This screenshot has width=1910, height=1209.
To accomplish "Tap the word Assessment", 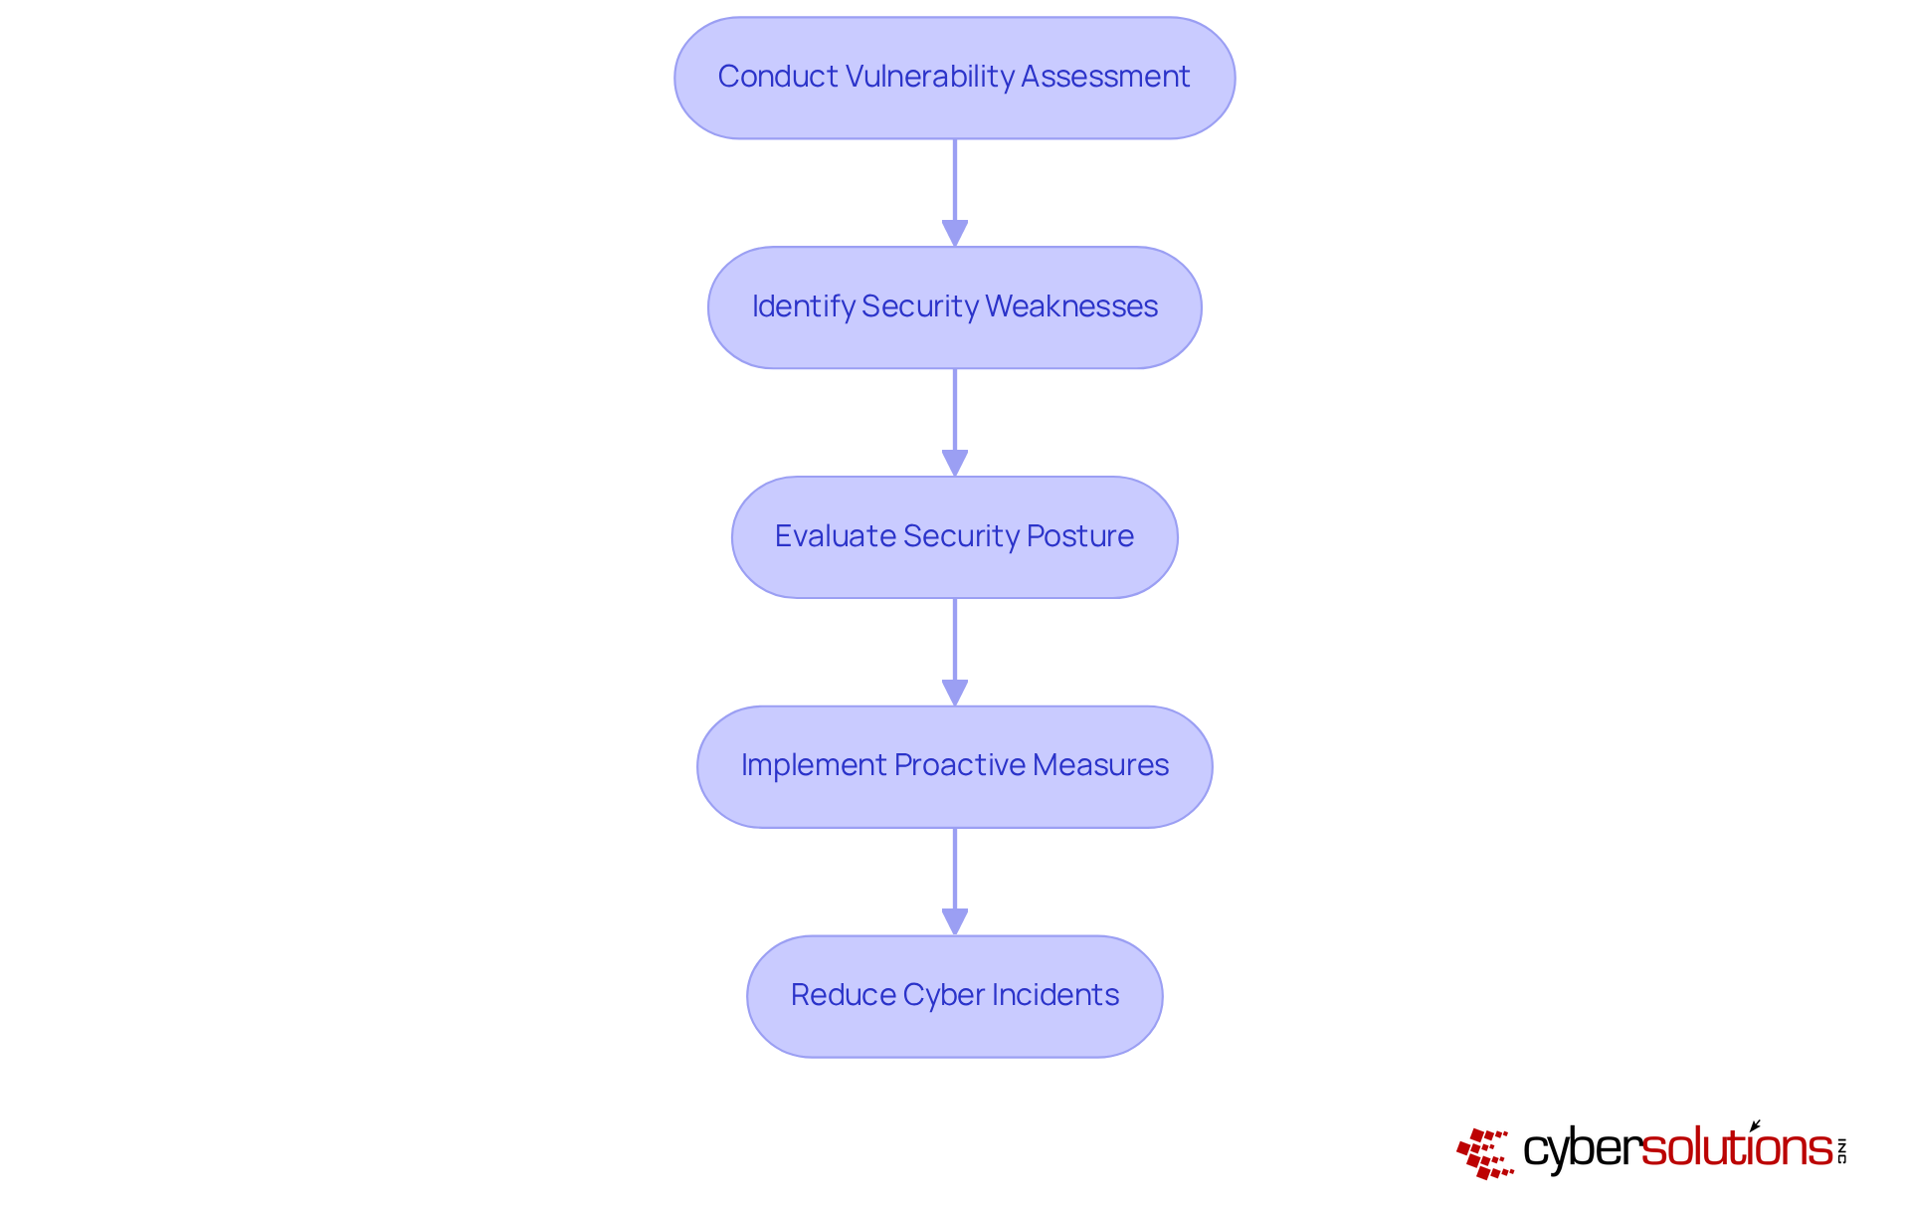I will click(1105, 77).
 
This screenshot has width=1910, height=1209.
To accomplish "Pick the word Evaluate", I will click(835, 536).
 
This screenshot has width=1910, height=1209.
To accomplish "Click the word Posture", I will click(1079, 536).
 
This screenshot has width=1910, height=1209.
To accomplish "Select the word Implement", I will click(813, 765).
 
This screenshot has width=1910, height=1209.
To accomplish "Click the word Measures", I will click(1100, 765).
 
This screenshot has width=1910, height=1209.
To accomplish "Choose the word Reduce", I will click(843, 995).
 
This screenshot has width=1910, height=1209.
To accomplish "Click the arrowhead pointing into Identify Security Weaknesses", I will click(955, 233).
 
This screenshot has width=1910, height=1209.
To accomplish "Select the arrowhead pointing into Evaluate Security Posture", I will click(955, 463).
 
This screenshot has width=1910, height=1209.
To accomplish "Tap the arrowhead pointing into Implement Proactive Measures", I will click(955, 693).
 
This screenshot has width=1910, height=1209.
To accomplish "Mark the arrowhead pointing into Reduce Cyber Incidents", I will click(955, 921).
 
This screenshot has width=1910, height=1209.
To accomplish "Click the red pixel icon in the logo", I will click(1484, 1153).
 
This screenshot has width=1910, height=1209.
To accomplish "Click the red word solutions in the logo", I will click(1736, 1148).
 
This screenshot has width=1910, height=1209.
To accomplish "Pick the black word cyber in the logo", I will click(1582, 1150).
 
